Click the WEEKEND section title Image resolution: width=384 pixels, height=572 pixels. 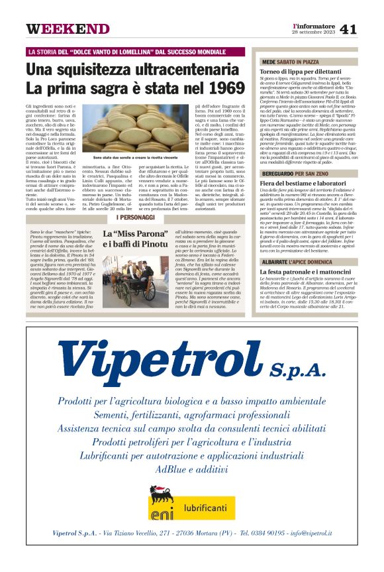click(x=68, y=29)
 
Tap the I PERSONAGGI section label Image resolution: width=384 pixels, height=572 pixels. click(x=136, y=217)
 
